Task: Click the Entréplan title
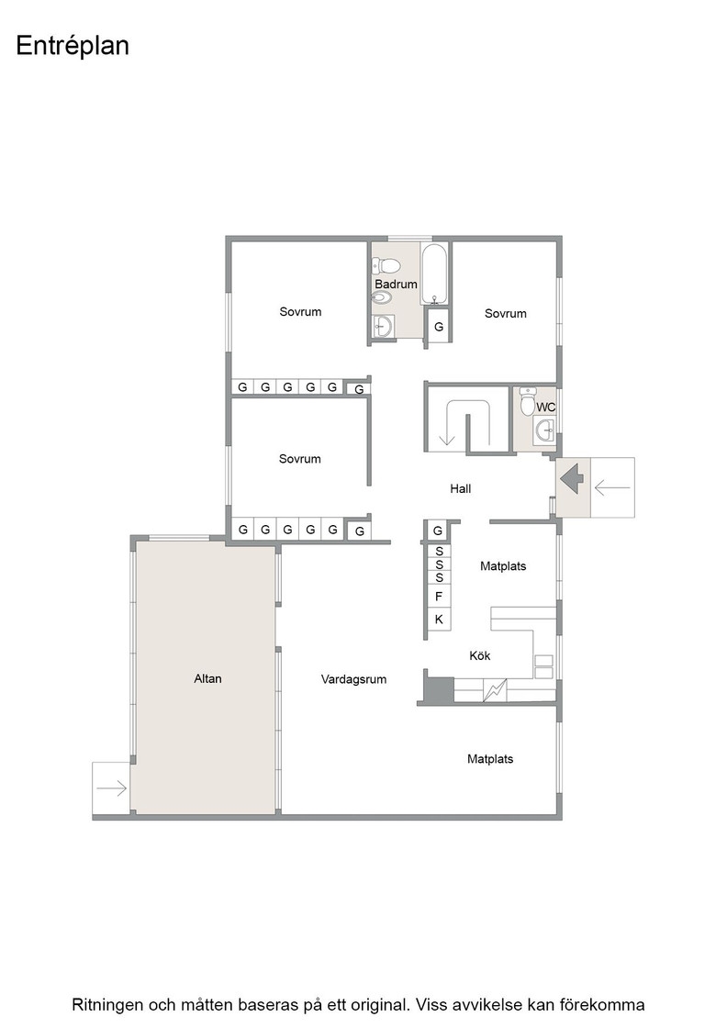pyautogui.click(x=73, y=47)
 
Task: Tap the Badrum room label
pyautogui.click(x=396, y=284)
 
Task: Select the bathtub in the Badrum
pyautogui.click(x=434, y=274)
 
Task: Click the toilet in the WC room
pyautogui.click(x=528, y=400)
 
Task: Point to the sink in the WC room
pyautogui.click(x=544, y=431)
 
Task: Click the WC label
pyautogui.click(x=545, y=408)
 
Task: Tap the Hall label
pyautogui.click(x=460, y=488)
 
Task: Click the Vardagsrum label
pyautogui.click(x=353, y=680)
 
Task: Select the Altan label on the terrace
pyautogui.click(x=207, y=678)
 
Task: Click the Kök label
pyautogui.click(x=480, y=655)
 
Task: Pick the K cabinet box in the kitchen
pyautogui.click(x=439, y=619)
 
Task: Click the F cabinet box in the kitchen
pyautogui.click(x=439, y=597)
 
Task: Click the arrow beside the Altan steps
pyautogui.click(x=111, y=788)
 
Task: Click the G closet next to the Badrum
pyautogui.click(x=439, y=326)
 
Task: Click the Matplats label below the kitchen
pyautogui.click(x=489, y=759)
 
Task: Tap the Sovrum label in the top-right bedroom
pyautogui.click(x=506, y=313)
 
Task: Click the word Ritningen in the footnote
pyautogui.click(x=105, y=1005)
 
